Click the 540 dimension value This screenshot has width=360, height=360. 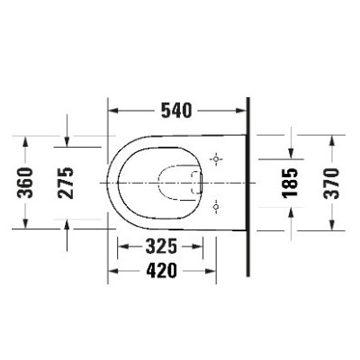tap(176, 111)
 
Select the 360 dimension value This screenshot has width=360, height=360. tap(25, 183)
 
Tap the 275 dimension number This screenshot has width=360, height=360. tap(66, 183)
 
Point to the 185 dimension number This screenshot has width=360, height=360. tap(290, 183)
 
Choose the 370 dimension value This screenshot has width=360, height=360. tap(331, 183)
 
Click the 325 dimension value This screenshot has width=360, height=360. tap(161, 247)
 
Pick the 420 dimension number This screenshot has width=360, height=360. tap(162, 271)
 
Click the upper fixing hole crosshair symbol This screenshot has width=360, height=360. tap(216, 158)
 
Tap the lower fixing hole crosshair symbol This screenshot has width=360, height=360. tap(216, 207)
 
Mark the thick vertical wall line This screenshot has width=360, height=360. tap(247, 186)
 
